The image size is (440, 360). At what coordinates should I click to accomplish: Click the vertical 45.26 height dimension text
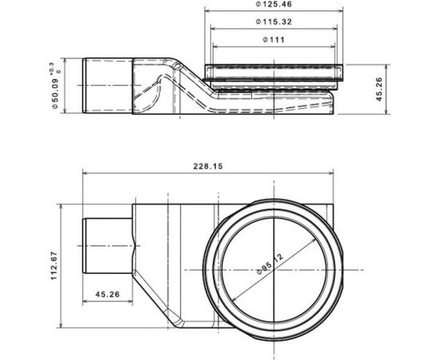[x=380, y=90]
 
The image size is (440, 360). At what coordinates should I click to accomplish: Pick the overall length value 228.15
[x=207, y=166]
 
